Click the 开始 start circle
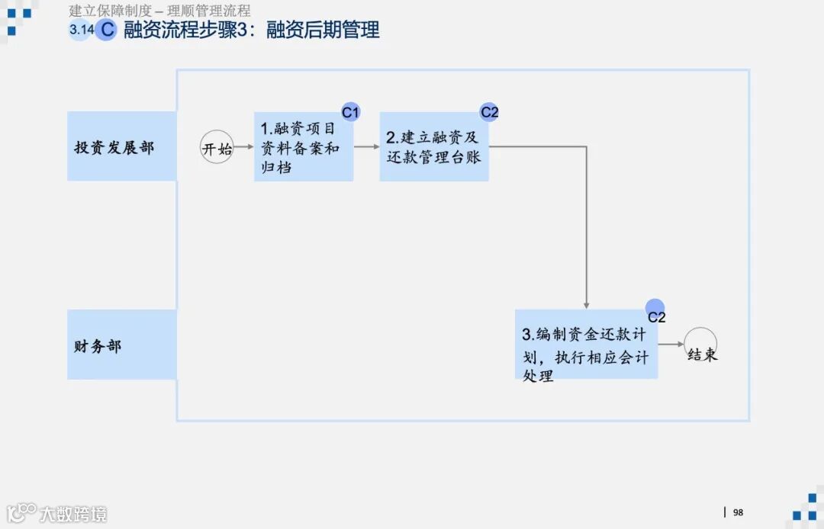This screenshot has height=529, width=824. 217,147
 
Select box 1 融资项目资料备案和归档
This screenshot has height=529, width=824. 304,147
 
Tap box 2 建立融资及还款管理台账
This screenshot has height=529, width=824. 434,147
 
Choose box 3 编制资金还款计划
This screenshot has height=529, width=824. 586,345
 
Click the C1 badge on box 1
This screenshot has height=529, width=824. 350,113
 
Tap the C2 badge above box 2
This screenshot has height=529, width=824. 489,112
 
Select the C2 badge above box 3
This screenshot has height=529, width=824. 655,309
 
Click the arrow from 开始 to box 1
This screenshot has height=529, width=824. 243,146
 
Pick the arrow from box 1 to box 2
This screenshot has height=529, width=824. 366,146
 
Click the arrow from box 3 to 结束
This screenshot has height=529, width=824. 671,345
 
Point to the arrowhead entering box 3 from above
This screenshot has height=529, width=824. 586,305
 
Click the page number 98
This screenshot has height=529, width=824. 738,512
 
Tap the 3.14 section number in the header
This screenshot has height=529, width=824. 81,30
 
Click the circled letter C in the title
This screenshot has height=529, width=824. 107,30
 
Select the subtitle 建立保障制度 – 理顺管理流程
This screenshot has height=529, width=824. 159,11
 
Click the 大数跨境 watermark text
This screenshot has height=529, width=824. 73,514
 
